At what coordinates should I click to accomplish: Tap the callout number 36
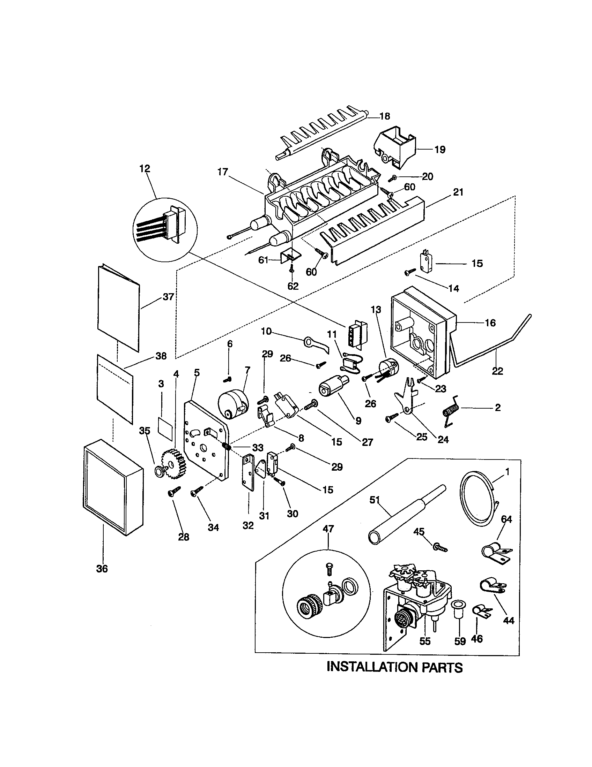(102, 569)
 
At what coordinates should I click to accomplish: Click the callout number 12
(145, 169)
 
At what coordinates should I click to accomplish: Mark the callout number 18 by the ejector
(385, 116)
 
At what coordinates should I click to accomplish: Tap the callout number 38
(161, 356)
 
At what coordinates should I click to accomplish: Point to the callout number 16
(490, 323)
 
